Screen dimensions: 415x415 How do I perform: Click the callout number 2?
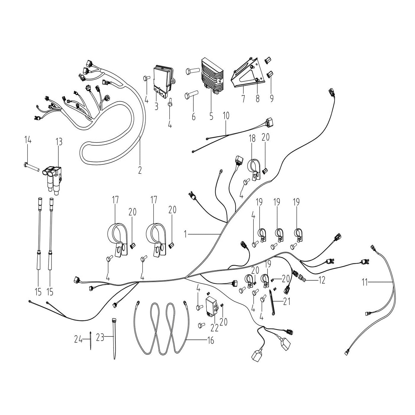140,170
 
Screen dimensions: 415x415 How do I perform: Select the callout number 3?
156,106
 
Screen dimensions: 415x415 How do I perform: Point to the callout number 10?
226,116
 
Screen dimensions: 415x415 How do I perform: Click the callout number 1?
186,234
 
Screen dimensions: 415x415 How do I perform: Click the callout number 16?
210,340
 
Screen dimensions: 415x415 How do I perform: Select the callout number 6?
193,116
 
